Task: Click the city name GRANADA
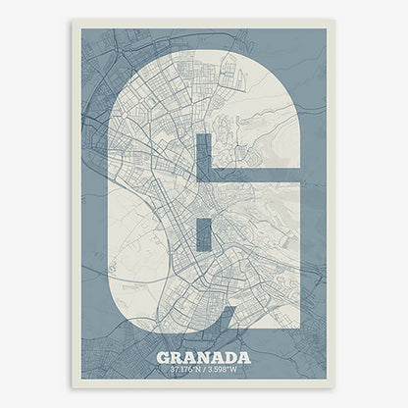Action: tap(204, 357)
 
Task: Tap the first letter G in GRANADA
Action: tap(164, 357)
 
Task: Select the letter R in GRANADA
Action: tap(178, 357)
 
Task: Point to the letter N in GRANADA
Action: tap(205, 357)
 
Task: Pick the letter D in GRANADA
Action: tap(230, 357)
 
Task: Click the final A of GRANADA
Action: tap(244, 357)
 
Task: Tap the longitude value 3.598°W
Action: tap(224, 370)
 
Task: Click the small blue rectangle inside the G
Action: tap(204, 234)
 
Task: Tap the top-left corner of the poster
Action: tap(73, 22)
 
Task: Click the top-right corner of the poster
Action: tap(334, 22)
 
